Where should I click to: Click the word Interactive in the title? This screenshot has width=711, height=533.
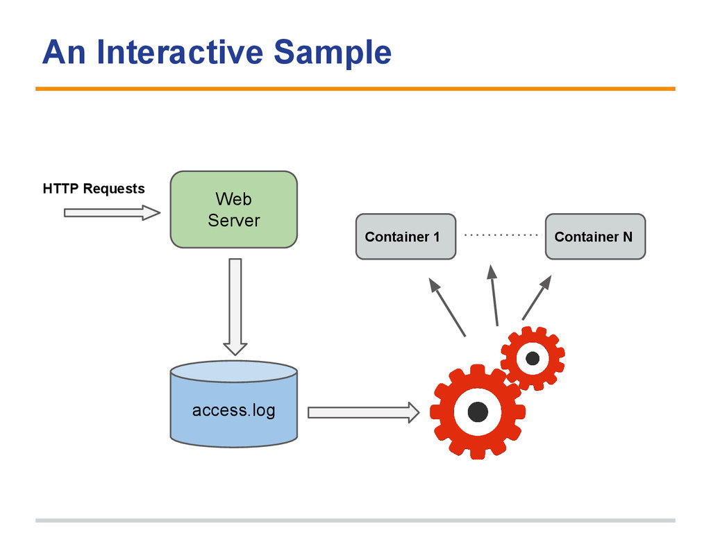pos(180,52)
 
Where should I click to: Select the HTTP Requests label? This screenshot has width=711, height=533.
pos(94,189)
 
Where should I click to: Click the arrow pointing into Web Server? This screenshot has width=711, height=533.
pos(112,212)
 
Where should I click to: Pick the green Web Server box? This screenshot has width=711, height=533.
pos(233,210)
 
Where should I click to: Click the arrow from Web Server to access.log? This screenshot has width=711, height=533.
pos(235,307)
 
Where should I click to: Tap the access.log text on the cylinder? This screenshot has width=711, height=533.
pos(233,410)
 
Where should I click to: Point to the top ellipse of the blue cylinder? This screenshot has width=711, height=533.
pos(234,372)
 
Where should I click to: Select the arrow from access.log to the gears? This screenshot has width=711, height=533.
pos(364,412)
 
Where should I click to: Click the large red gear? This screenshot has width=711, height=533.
pos(478,412)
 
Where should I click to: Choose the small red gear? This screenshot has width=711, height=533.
pos(533,358)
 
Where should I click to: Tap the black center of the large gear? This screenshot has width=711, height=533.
pos(478,412)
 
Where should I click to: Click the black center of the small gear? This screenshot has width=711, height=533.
pos(533,359)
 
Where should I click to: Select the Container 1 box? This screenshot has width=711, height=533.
pos(405,237)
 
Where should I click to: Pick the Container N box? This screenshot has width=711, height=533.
pos(595,237)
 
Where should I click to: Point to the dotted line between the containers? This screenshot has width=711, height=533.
pos(501,235)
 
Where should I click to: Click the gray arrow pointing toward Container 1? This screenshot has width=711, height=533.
pos(447,307)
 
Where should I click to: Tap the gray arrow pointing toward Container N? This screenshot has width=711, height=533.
pos(537,297)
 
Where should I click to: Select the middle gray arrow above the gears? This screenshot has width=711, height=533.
pos(494,296)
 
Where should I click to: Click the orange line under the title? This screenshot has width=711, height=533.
pos(355,89)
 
